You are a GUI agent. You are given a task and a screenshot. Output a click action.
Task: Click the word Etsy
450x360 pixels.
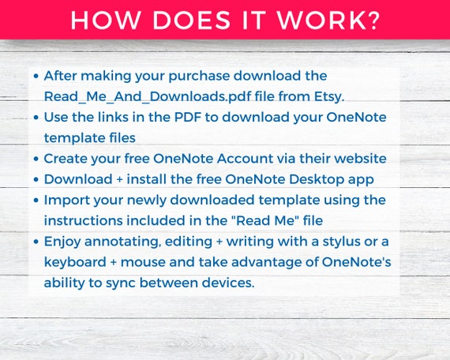(329, 97)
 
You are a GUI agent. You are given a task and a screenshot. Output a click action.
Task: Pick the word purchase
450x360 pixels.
(199, 77)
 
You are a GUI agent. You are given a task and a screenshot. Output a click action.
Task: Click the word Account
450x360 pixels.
(245, 159)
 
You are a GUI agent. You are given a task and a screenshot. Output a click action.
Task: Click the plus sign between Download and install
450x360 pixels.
(120, 180)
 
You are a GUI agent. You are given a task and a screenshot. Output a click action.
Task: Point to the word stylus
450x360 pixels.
(342, 242)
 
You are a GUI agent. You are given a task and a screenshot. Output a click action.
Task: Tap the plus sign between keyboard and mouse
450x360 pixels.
(114, 262)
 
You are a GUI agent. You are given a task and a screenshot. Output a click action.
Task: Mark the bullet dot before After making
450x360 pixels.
(36, 77)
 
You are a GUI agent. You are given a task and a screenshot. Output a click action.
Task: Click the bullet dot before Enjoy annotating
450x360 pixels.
(36, 242)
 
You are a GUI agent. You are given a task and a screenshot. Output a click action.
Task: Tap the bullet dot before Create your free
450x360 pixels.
(36, 159)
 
